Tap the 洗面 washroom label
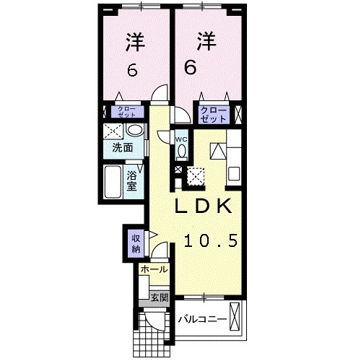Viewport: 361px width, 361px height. (x=121, y=148)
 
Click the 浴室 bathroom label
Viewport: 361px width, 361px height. (x=133, y=180)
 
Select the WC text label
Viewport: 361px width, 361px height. (x=182, y=138)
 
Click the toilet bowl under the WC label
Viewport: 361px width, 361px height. (x=182, y=150)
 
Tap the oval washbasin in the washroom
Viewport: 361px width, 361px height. (x=134, y=131)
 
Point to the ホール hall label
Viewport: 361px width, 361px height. (x=154, y=269)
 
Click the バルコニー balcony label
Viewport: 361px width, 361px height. (x=203, y=318)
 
